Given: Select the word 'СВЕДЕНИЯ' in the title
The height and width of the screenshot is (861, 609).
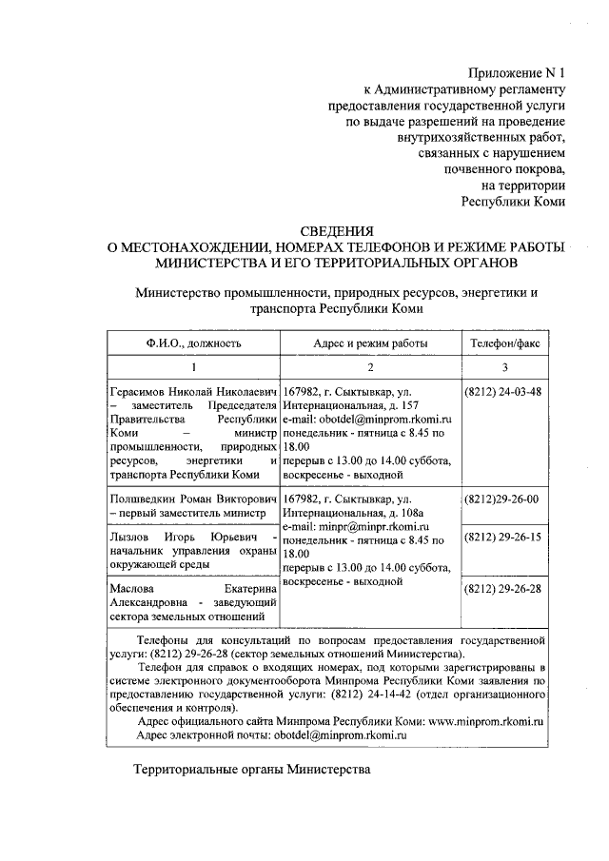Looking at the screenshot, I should tap(337, 230).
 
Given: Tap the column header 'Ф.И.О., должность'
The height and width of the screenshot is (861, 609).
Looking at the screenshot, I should tap(193, 342).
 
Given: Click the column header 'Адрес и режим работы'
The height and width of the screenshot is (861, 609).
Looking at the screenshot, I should tap(370, 342).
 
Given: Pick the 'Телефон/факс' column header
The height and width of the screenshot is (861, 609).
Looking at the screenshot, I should tap(505, 342).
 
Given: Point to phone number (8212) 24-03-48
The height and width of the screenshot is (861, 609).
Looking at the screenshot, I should tap(501, 392).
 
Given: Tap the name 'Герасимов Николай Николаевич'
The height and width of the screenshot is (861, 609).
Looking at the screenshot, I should tap(193, 392).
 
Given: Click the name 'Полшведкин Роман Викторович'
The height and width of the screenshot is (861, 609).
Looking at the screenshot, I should tap(193, 499).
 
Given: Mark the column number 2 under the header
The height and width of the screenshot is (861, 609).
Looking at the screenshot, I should tap(370, 367).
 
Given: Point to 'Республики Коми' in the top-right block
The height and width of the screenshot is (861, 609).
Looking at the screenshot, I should tap(514, 201).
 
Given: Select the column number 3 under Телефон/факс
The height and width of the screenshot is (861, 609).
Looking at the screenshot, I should tap(505, 367).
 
